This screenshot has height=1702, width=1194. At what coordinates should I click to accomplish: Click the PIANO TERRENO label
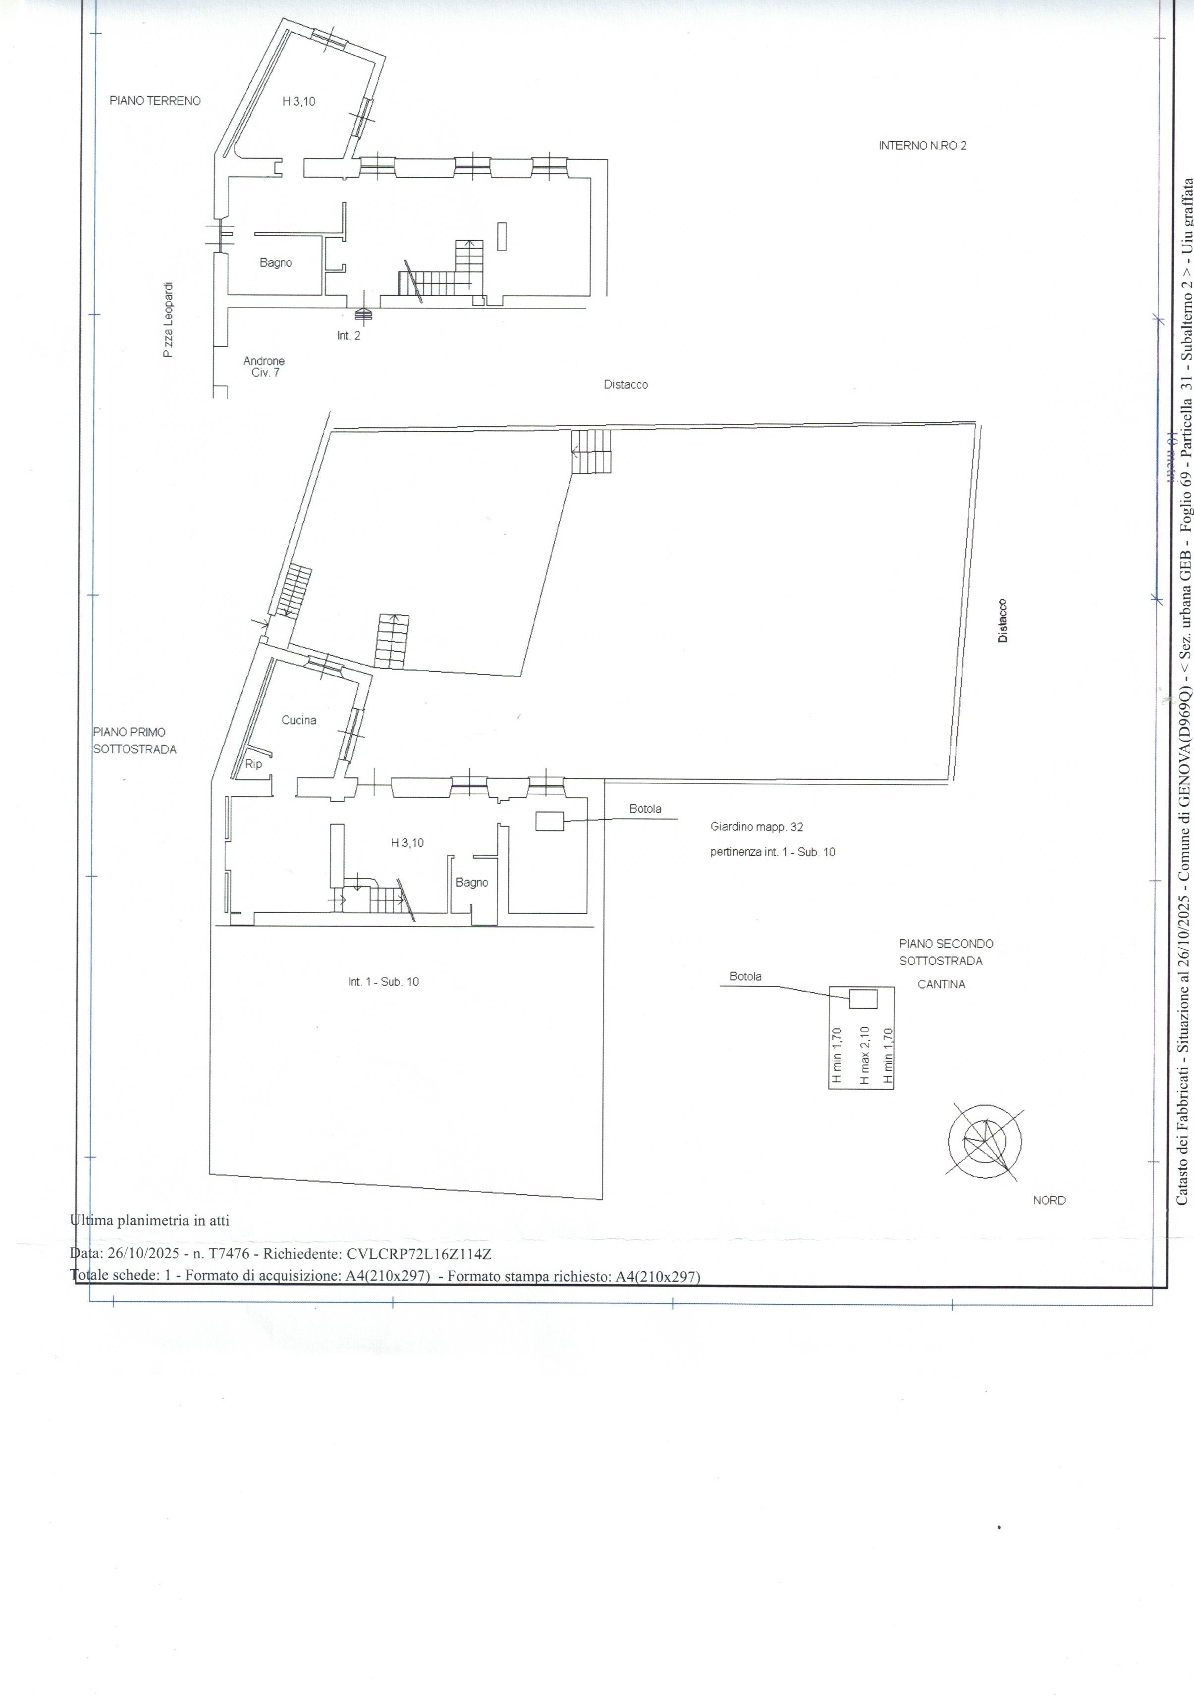pos(155,101)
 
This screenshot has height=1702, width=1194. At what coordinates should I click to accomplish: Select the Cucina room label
pos(299,720)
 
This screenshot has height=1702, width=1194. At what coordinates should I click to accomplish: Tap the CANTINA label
pos(941,984)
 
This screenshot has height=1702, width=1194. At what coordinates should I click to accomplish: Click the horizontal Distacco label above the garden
pos(625,385)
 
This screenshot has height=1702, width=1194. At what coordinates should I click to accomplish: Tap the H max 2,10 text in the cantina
pos(863,1056)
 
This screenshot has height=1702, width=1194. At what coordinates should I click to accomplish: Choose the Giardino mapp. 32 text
pos(757,826)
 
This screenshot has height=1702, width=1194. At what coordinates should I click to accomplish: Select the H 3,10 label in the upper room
pos(298,102)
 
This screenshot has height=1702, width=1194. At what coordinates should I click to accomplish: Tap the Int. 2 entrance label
pos(349,336)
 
